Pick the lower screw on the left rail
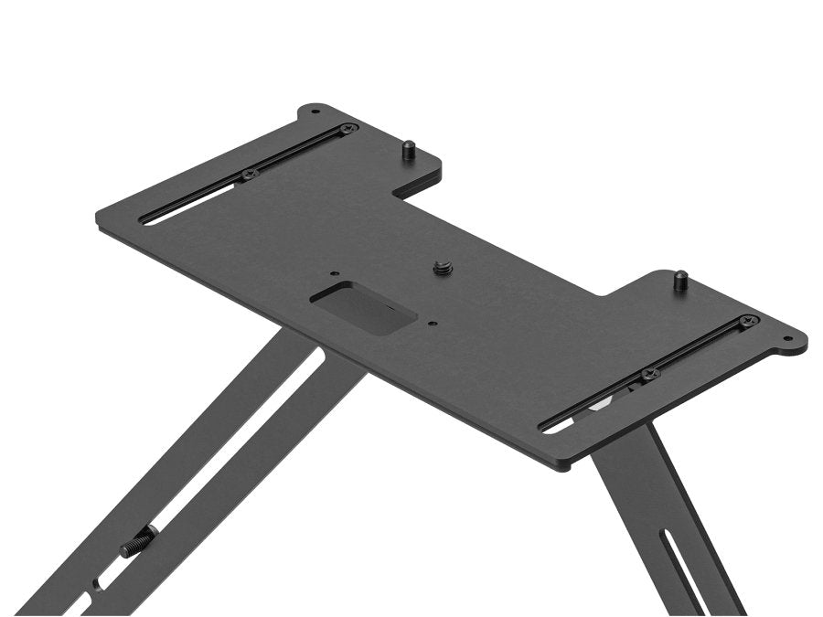(x=247, y=174)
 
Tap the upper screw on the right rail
(x=748, y=321)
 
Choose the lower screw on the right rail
(x=648, y=374)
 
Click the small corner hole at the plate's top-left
(x=315, y=112)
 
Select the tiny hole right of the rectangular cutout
(x=431, y=322)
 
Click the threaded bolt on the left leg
(x=138, y=544)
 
